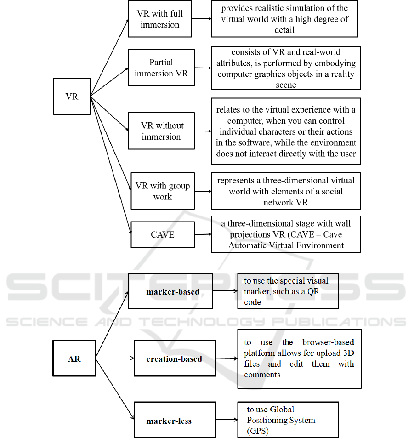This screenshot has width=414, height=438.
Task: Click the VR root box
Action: pyautogui.click(x=72, y=97)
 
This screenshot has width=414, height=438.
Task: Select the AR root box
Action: pyautogui.click(x=74, y=358)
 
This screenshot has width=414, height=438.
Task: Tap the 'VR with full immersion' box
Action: pyautogui.click(x=159, y=19)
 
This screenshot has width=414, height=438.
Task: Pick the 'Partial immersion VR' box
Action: pyautogui.click(x=161, y=68)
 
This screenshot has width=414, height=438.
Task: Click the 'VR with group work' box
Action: pyautogui.click(x=163, y=191)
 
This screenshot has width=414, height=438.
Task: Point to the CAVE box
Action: pyautogui.click(x=163, y=234)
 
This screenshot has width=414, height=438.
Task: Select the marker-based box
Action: pyautogui.click(x=170, y=291)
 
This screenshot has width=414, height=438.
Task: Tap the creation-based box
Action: pyautogui.click(x=174, y=358)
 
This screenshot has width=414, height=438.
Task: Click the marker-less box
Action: pyautogui.click(x=169, y=421)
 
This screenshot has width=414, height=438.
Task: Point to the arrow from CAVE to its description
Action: pyautogui.click(x=203, y=234)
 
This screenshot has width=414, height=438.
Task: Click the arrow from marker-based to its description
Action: pyautogui.click(x=225, y=291)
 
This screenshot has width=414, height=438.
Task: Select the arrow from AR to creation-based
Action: pyautogui.click(x=115, y=358)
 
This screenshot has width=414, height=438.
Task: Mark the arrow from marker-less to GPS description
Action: pyautogui.click(x=227, y=420)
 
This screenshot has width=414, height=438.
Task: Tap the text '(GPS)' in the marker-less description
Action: pyautogui.click(x=257, y=431)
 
